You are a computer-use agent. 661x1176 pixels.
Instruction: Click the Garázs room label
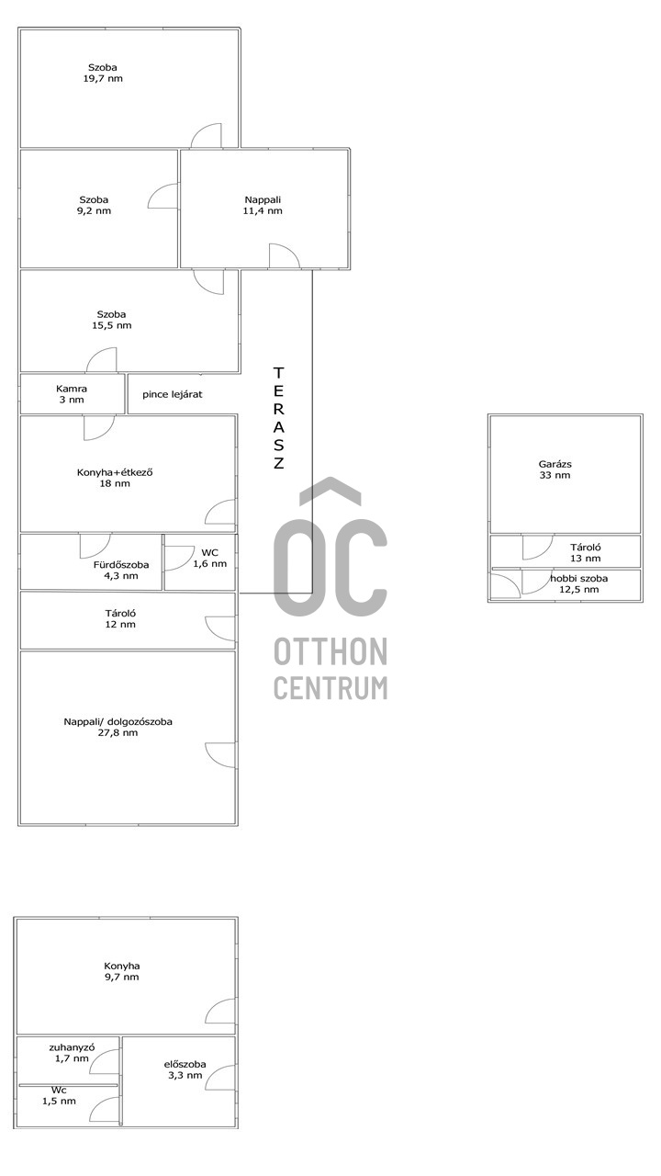pos(555,464)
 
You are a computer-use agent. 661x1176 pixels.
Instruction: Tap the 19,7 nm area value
pos(103,79)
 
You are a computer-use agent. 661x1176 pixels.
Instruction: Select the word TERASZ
pos(278,418)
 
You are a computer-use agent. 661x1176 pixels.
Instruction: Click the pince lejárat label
pos(172,394)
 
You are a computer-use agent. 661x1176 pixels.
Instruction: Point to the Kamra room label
pos(72,389)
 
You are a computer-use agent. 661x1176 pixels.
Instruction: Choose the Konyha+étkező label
pos(115,472)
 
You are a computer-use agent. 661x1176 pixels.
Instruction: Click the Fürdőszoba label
pos(121,565)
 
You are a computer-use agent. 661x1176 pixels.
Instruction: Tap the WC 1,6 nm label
pos(210,558)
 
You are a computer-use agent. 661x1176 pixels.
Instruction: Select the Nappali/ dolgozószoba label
pos(118,722)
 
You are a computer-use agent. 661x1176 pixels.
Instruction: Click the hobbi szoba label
pos(579,579)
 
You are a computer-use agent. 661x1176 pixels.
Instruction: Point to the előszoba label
pos(185,1065)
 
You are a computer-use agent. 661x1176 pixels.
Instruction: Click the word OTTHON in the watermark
pos(330,651)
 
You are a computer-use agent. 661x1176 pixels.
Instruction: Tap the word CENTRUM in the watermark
pos(330,687)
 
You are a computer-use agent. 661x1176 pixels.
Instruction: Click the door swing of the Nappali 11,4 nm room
pos(285,256)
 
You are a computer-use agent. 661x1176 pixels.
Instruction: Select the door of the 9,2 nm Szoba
pos(162,196)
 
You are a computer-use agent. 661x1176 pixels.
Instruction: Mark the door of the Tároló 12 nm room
pos(220,628)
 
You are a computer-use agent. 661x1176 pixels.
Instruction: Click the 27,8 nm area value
pos(118,733)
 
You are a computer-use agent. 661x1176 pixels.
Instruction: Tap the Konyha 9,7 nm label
pos(122,971)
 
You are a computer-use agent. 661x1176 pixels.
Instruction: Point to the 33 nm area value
pos(555,475)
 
